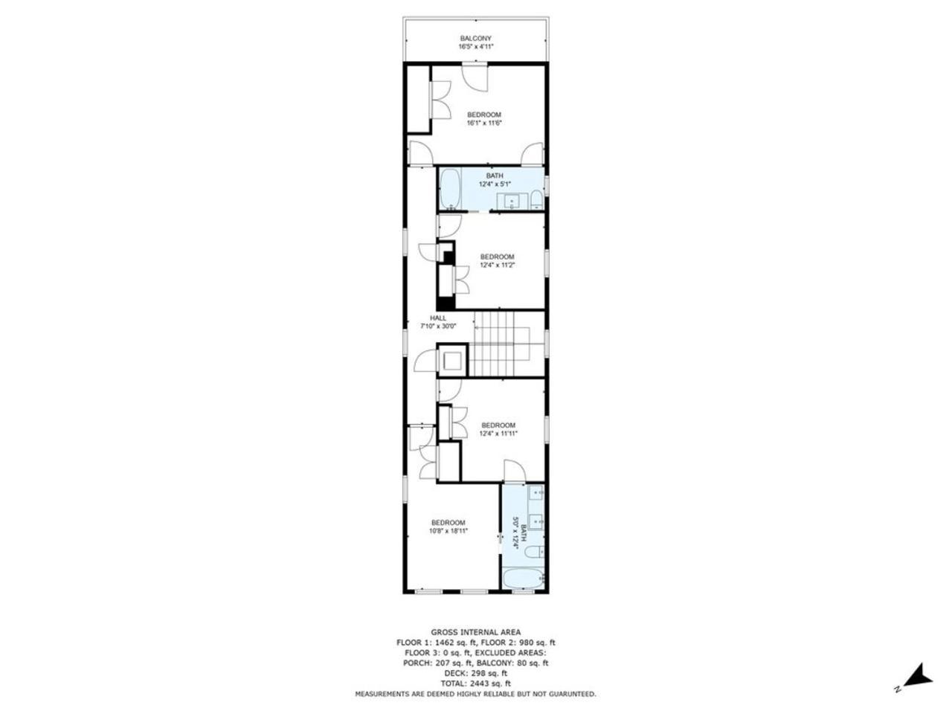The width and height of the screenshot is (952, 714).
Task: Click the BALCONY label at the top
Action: point(475,38)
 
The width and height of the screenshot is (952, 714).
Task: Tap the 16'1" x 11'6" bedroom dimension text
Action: point(484,123)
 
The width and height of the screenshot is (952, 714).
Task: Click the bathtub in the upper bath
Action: point(450,189)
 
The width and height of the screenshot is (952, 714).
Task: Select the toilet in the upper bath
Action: point(537,199)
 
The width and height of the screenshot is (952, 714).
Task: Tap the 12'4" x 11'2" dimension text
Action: point(497,265)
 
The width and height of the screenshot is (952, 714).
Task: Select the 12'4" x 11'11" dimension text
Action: point(498,434)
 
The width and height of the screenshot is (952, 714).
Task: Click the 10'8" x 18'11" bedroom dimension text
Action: point(448,531)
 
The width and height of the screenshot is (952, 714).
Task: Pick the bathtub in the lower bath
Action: point(524,579)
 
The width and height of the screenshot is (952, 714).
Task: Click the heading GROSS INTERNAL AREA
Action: point(475,632)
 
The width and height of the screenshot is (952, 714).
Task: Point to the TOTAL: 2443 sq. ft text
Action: point(475,683)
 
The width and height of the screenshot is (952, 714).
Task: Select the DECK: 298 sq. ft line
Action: point(475,672)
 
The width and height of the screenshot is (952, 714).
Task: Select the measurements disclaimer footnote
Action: point(475,694)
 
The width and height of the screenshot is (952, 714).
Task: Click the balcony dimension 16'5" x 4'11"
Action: point(475,47)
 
